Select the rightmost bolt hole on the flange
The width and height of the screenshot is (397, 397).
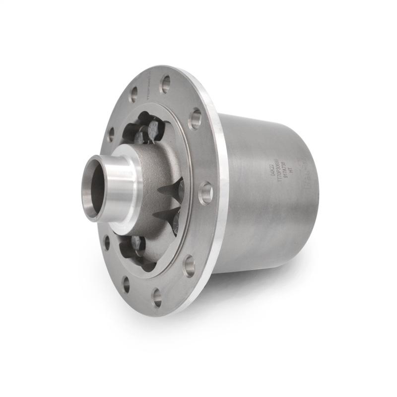tap(205, 193)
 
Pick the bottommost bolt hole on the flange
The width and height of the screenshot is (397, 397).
tap(157, 297)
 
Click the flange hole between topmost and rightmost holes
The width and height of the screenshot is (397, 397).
tap(196, 119)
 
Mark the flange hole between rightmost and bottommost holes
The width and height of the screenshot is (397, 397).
tap(189, 266)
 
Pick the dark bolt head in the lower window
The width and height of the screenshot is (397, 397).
tap(136, 244)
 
